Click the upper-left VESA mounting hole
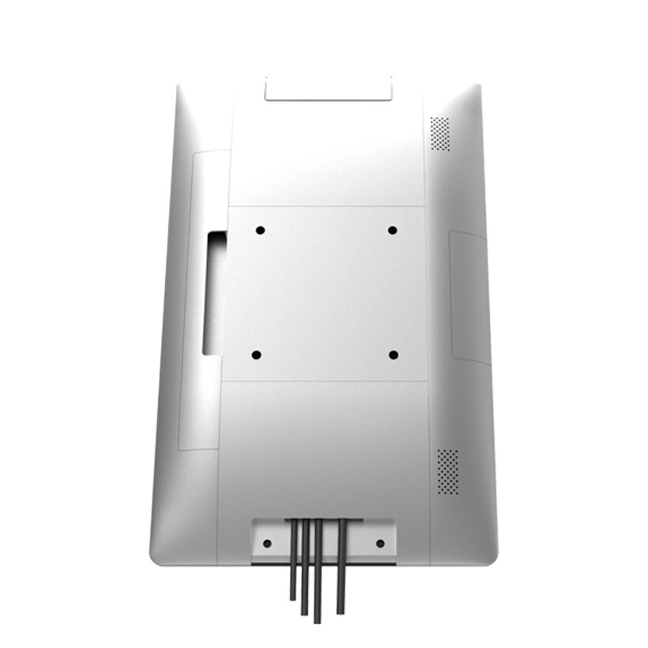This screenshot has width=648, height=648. (x=260, y=230)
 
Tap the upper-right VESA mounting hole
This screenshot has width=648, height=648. (x=392, y=230)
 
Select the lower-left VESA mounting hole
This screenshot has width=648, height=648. (x=256, y=355)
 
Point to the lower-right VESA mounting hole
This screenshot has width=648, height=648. (x=394, y=355)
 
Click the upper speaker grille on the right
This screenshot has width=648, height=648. (x=439, y=134)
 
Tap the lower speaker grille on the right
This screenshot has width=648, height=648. (x=448, y=472)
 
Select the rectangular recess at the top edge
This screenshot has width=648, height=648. (x=329, y=89)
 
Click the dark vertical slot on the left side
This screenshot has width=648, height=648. (x=213, y=292)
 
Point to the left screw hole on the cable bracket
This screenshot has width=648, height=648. (x=267, y=543)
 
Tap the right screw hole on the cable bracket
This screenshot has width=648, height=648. (x=380, y=543)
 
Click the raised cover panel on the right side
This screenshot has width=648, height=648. (x=469, y=297)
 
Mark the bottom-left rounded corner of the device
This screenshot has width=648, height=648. (x=156, y=556)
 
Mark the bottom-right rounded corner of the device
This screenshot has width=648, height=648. (x=490, y=556)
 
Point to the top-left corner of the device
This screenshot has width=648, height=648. (x=179, y=88)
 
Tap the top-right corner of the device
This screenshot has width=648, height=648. (x=477, y=87)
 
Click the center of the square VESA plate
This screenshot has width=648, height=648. (x=325, y=293)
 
